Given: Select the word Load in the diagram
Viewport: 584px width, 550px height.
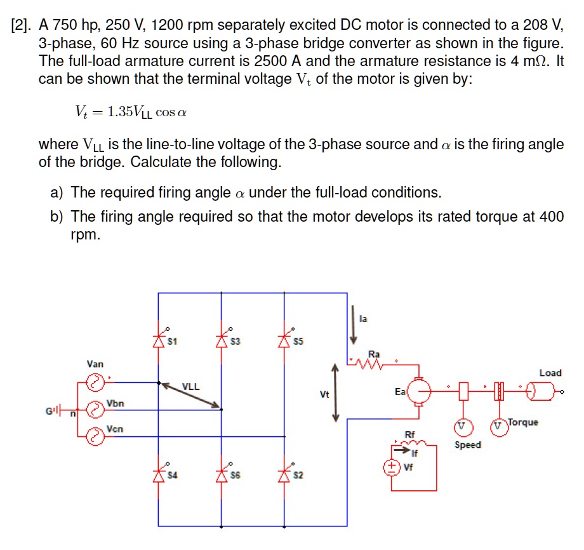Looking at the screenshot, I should pos(550,373).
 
